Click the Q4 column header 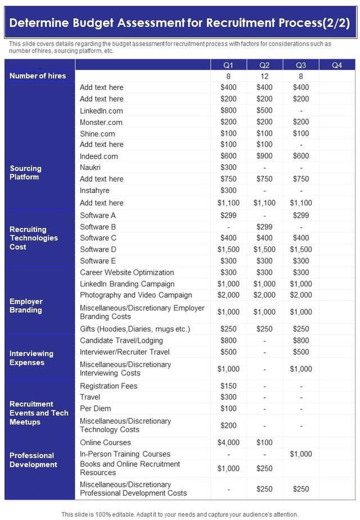[x=337, y=65]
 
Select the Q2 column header [x=264, y=65]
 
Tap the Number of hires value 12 [x=264, y=76]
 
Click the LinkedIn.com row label [x=101, y=111]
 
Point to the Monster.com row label [x=101, y=122]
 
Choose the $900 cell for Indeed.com [x=264, y=156]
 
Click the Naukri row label [x=90, y=168]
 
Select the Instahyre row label [x=94, y=190]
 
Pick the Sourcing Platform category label [x=25, y=173]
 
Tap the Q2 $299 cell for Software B [x=264, y=227]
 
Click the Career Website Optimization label [x=127, y=272]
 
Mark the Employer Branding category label [x=26, y=306]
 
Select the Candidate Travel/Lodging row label [x=121, y=340]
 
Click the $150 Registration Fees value [x=228, y=386]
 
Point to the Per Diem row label [x=95, y=409]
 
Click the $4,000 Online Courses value [x=228, y=443]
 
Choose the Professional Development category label [x=33, y=460]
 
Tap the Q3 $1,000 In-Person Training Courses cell [x=301, y=454]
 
